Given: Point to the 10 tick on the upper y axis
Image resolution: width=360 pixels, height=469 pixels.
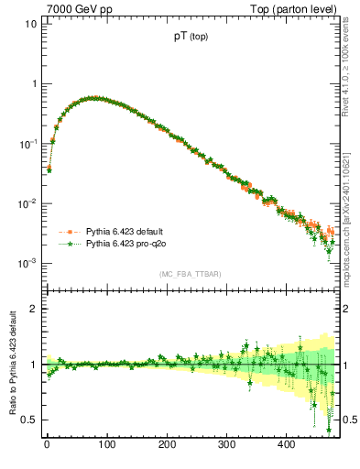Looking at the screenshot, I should pos(30,24).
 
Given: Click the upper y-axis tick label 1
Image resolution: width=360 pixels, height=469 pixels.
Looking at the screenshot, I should pos(33,83).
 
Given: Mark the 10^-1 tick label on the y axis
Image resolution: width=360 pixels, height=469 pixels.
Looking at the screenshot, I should pos(27,143).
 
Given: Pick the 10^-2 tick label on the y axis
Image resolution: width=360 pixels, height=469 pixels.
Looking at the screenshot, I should pos(27,202).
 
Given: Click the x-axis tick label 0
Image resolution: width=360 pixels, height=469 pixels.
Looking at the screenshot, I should pos(47,443).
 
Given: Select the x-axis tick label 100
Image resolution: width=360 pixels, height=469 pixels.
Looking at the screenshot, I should pos(106,443).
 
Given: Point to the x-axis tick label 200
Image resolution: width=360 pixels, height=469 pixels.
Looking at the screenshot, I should pos(167,443).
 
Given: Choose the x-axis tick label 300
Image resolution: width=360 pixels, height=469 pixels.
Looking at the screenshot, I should pos(226,443).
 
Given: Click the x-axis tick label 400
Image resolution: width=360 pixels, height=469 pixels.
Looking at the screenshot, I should pos(287,443).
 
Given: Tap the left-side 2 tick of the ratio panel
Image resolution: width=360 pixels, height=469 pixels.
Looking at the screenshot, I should pos(33,309).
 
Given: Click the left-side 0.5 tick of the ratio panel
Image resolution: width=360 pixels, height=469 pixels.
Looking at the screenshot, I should pos(29,420).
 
